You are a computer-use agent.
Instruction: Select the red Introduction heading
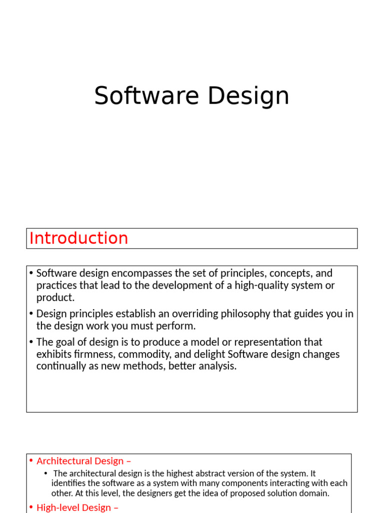point(78,238)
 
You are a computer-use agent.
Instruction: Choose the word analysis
point(216,366)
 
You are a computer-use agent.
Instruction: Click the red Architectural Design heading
point(83,461)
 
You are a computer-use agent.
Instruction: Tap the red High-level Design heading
point(77,507)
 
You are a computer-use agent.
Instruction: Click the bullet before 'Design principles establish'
point(31,314)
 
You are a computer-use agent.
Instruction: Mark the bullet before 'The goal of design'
point(31,342)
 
